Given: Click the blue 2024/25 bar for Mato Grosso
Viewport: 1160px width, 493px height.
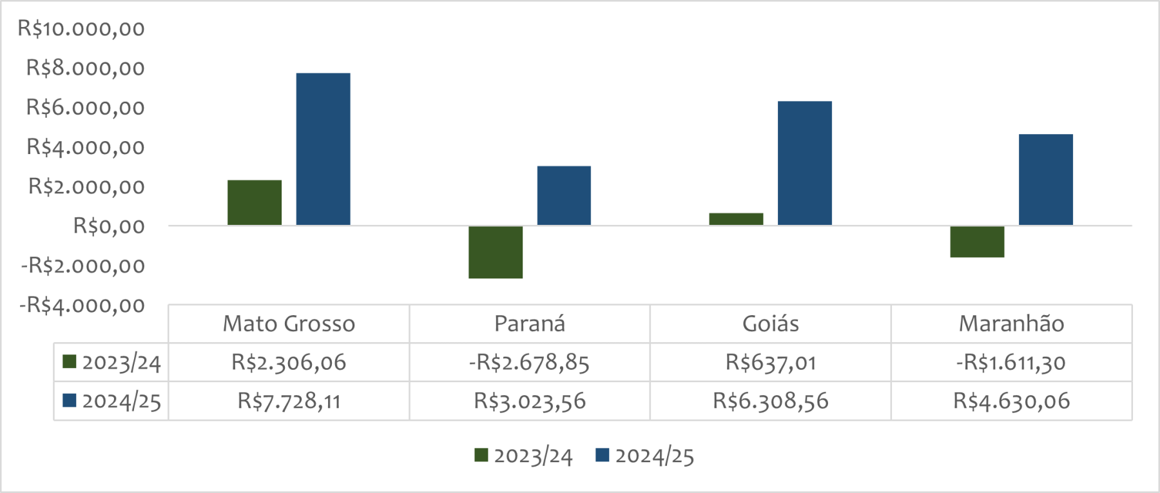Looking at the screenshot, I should [x=323, y=149].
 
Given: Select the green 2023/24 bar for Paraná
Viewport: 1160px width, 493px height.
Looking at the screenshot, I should [x=496, y=252].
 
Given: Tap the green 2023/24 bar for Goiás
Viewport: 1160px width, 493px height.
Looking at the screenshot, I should [x=736, y=219].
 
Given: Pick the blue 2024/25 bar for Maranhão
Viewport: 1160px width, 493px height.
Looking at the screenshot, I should [x=1045, y=180].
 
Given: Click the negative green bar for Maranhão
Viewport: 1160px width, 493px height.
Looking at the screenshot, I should [x=977, y=242].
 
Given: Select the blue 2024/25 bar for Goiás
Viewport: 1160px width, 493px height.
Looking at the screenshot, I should [x=804, y=163].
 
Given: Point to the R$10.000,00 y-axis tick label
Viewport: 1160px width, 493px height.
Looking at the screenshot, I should [x=81, y=28].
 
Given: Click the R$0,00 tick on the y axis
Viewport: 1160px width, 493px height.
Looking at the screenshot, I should [x=108, y=226].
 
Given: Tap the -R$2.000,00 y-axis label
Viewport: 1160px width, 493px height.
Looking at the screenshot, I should [x=83, y=265].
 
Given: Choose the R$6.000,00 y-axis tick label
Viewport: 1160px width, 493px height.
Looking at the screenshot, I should [x=85, y=107].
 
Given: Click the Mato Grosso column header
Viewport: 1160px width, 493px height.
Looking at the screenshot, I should [x=289, y=324].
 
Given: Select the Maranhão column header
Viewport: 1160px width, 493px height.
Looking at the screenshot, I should [x=1011, y=324].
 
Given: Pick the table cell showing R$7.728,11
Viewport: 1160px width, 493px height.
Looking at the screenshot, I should [x=289, y=401].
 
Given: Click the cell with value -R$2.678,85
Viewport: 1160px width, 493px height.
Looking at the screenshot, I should [x=529, y=362].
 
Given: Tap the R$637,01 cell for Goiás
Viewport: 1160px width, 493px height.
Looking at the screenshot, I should [x=771, y=362].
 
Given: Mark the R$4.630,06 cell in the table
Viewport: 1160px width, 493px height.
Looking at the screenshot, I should [x=1011, y=401].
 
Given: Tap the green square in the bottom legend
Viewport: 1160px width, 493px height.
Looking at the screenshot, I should [x=481, y=455].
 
